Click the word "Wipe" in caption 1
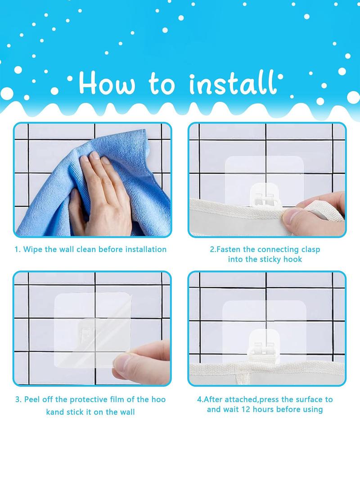tap(32, 249)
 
